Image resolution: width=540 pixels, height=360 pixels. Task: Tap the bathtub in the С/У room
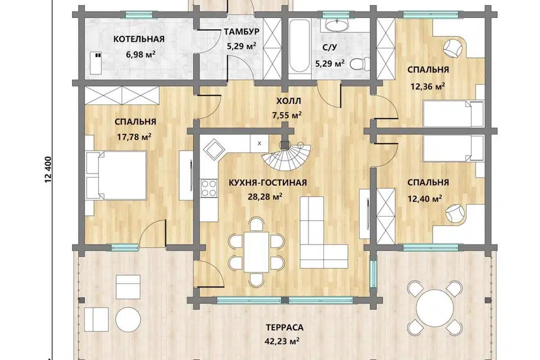coord(299,47)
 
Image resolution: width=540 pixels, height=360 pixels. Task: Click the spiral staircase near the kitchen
coord(286,157)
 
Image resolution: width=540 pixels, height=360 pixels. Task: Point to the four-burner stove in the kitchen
coord(209,188)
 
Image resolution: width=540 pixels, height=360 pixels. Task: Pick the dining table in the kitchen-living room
coord(256,251)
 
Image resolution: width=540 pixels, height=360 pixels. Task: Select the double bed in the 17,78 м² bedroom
coord(116,175)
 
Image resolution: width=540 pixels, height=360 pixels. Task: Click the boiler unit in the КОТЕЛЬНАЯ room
coord(96,63)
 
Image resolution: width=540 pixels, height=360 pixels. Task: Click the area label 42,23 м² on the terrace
coord(282,341)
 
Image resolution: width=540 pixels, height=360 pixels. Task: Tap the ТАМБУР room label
coord(241,31)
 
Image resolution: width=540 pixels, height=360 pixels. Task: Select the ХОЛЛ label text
coord(289,101)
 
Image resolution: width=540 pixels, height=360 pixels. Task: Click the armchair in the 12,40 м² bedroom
coord(454,213)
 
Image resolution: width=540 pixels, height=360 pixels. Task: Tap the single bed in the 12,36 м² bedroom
coord(453,114)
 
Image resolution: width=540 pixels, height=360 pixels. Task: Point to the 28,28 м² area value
coord(265,197)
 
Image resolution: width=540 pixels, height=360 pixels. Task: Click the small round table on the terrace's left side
coord(128,319)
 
